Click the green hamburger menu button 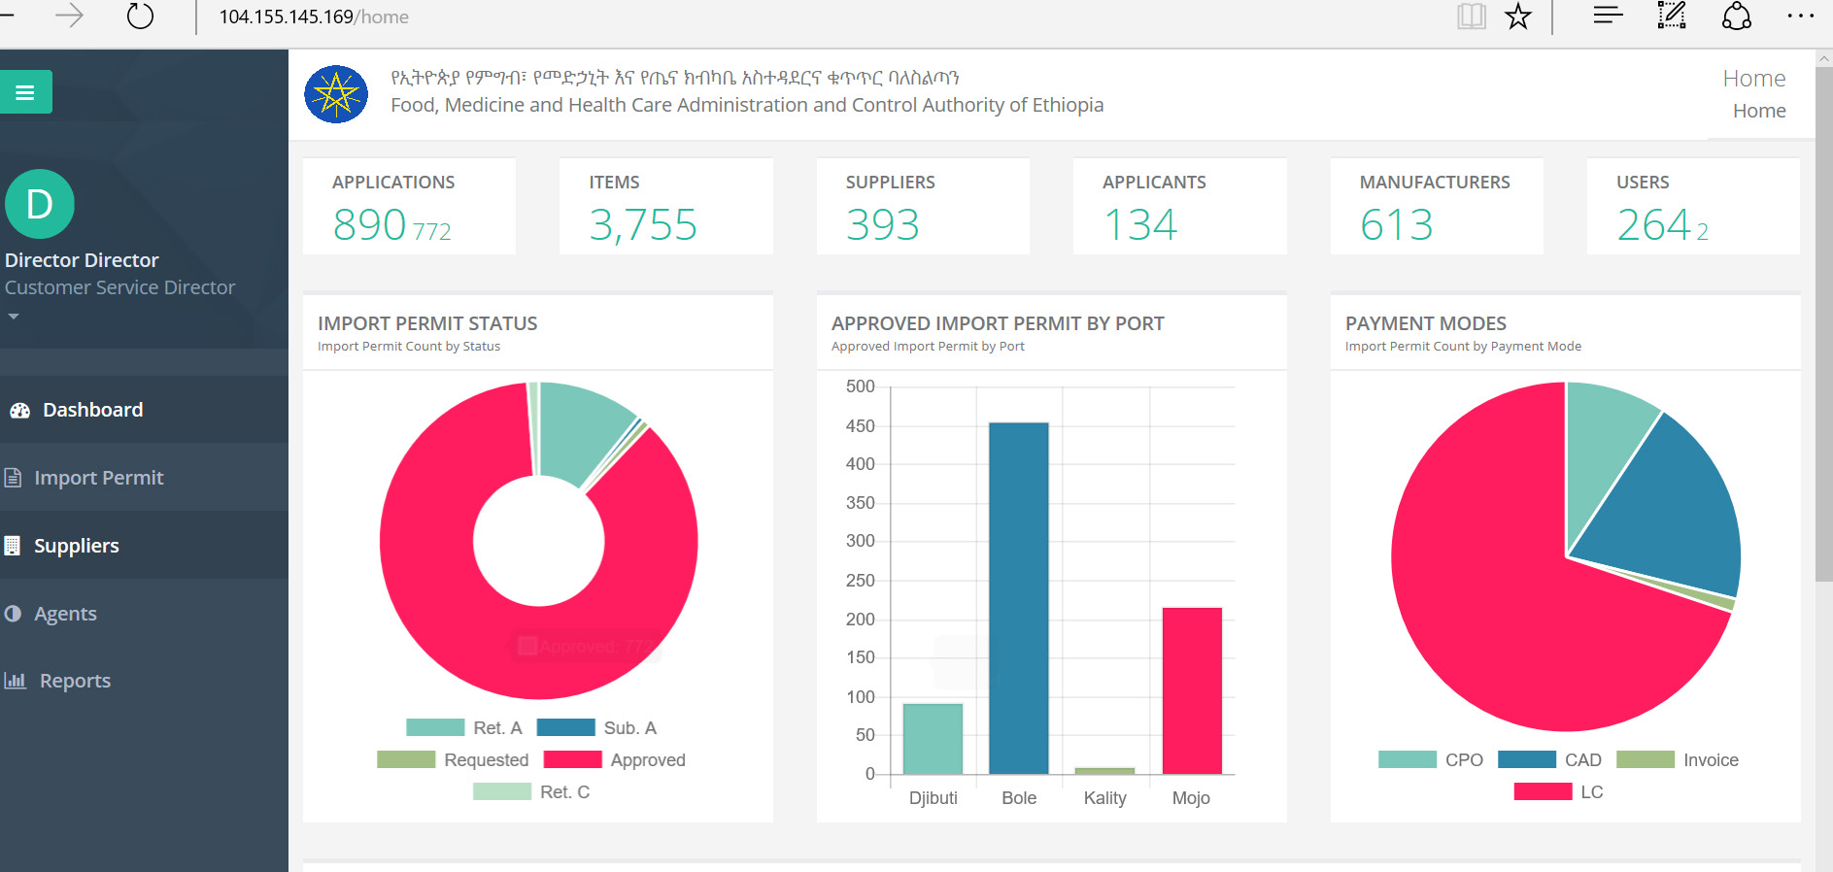(x=25, y=92)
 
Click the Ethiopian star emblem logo (x=336, y=94)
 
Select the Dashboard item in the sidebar (x=92, y=410)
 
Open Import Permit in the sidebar (x=98, y=478)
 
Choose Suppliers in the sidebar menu (x=76, y=546)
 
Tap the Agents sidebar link (x=65, y=614)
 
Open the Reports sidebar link (x=75, y=681)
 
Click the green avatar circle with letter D (x=40, y=204)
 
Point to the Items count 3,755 (x=643, y=225)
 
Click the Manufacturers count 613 (x=1396, y=225)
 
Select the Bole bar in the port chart (x=1018, y=597)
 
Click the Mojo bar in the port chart (x=1191, y=689)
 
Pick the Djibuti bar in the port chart (x=933, y=738)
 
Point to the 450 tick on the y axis (x=861, y=426)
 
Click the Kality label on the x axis (x=1104, y=798)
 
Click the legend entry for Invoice (x=1710, y=760)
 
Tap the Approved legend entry (x=647, y=760)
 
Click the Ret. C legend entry (x=564, y=792)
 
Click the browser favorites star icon (x=1518, y=17)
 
